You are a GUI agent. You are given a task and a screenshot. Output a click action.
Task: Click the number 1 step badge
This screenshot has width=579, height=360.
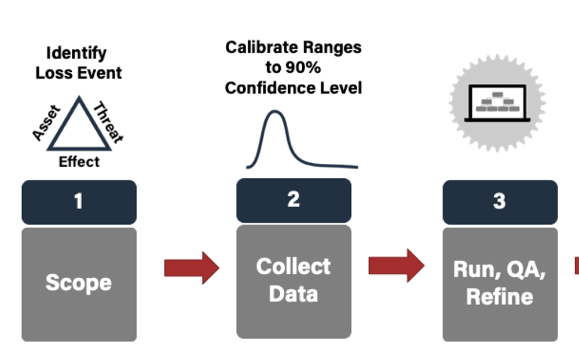click(x=79, y=202)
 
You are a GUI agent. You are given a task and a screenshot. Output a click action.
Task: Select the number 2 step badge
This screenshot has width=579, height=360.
click(x=294, y=200)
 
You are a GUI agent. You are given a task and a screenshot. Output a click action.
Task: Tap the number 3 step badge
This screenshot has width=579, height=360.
click(x=500, y=202)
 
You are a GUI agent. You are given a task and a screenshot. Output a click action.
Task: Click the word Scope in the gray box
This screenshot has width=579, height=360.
click(x=79, y=282)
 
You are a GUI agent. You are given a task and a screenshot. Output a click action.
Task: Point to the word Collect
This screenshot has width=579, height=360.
click(x=294, y=266)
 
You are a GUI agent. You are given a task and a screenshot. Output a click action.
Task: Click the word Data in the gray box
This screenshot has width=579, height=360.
click(x=294, y=293)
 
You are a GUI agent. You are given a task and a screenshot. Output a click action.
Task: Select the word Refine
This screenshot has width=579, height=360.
click(x=500, y=296)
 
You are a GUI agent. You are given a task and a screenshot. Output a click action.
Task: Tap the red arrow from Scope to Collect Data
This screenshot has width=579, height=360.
click(x=192, y=268)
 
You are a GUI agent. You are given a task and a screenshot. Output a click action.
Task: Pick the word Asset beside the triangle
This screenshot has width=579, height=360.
click(x=46, y=123)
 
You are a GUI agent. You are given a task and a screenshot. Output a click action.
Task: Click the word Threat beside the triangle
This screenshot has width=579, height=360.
click(x=109, y=122)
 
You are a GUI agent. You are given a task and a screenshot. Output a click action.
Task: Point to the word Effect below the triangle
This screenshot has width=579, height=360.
click(x=79, y=161)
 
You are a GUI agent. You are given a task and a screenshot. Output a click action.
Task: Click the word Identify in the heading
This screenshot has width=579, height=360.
click(x=76, y=53)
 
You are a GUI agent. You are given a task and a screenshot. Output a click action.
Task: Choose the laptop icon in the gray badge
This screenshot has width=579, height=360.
click(x=498, y=102)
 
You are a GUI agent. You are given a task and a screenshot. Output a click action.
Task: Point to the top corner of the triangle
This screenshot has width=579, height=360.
click(x=79, y=98)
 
